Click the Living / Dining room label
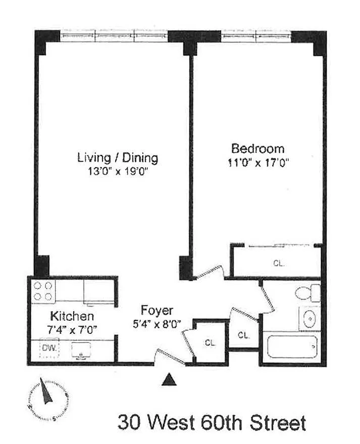[118, 158]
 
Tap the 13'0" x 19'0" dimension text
[118, 171]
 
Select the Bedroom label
[258, 149]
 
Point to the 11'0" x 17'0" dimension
[258, 163]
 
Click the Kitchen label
[72, 316]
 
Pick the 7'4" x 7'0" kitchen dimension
[72, 330]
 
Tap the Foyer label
[157, 311]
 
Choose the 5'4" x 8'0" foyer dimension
[157, 324]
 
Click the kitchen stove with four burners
[43, 291]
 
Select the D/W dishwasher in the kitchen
[49, 348]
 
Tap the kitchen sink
[81, 351]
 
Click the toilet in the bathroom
[307, 292]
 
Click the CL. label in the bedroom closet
[279, 263]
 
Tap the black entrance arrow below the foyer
[169, 379]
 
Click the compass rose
[48, 399]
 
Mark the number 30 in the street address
[129, 422]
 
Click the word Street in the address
[278, 422]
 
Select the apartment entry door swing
[170, 357]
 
